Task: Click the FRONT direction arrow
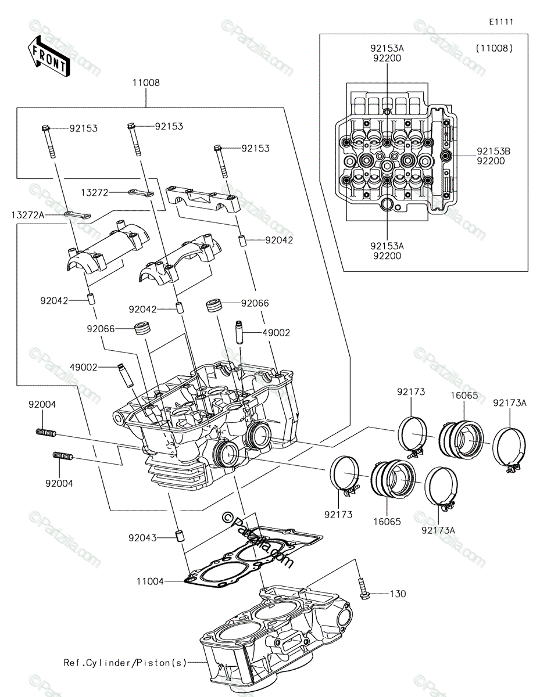click(48, 58)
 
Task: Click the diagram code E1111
click(501, 22)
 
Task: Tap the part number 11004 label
click(150, 581)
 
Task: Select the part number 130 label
click(398, 594)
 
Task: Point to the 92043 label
click(142, 538)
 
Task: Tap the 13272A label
click(27, 215)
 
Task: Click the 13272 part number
click(95, 192)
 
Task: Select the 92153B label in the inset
click(493, 151)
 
